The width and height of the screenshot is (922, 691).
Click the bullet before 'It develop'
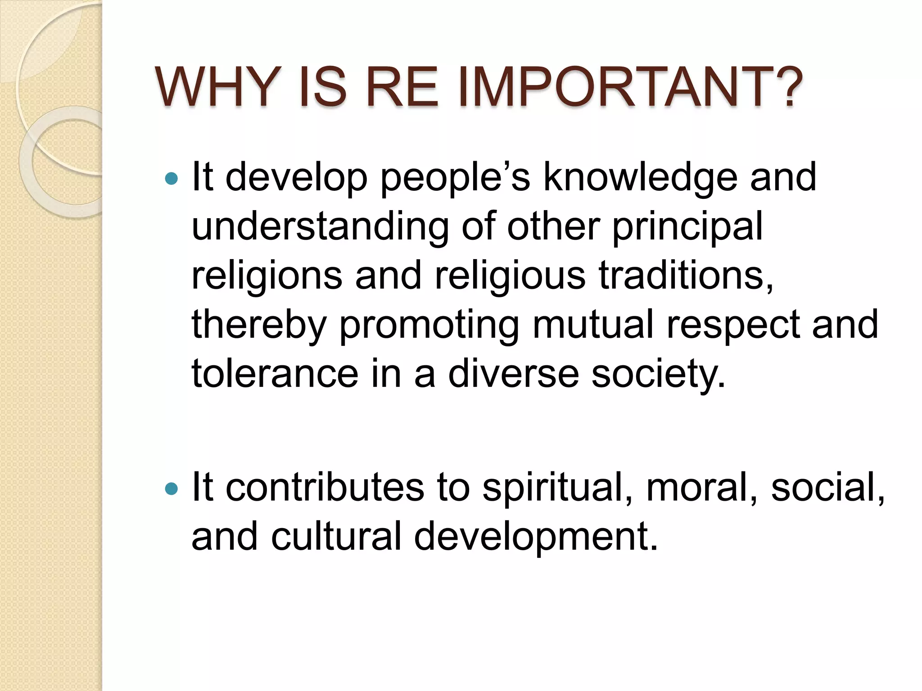click(x=172, y=179)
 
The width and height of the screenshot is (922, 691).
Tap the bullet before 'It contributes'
click(x=172, y=489)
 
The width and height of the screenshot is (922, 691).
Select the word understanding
click(x=320, y=227)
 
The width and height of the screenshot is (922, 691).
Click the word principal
click(x=687, y=227)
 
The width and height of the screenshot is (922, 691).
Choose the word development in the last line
click(x=536, y=537)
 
